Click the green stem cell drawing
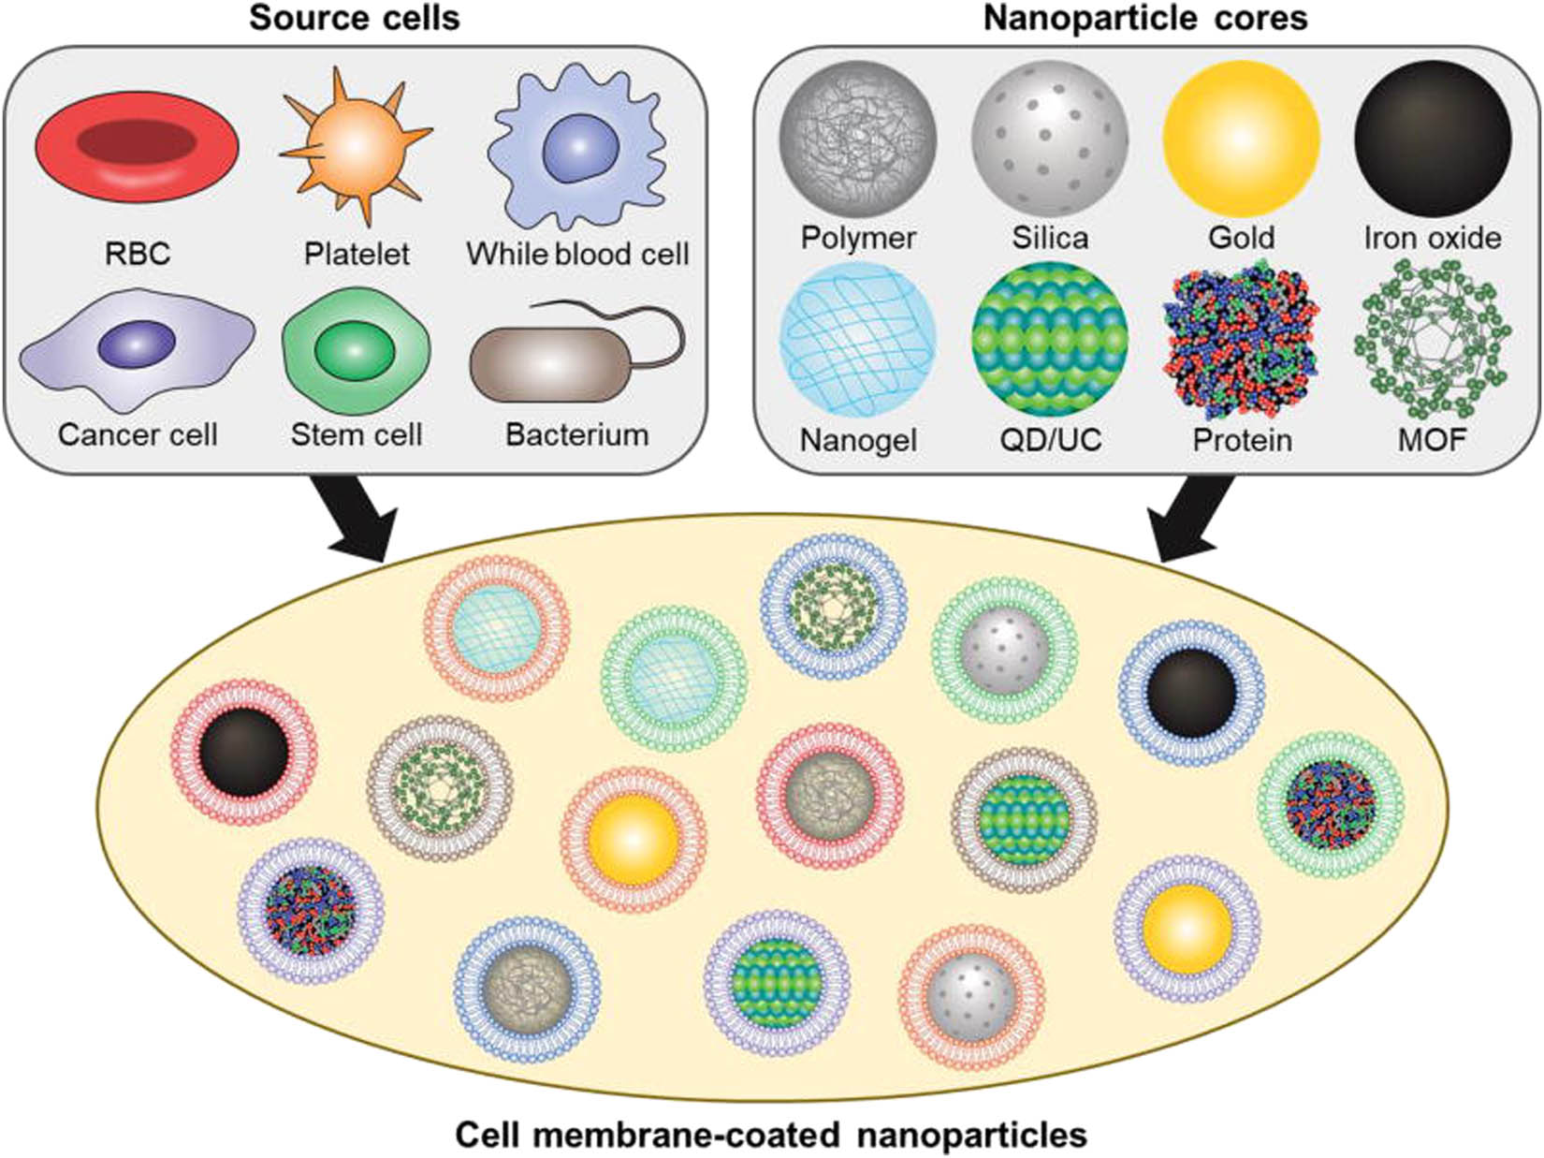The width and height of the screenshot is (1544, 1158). pos(356,349)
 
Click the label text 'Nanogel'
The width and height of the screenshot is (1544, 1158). pos(858,440)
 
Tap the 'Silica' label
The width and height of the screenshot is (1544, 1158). pos(1050,238)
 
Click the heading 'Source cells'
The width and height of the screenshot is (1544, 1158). pos(355,19)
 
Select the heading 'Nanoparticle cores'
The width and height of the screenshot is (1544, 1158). pos(1145,19)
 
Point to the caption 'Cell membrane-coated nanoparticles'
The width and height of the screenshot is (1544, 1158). pos(771,1135)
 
